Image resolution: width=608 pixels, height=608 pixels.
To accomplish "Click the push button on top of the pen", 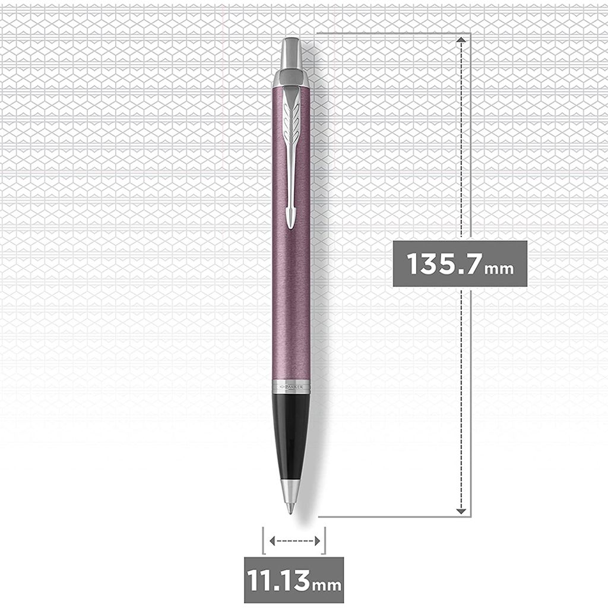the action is [x=291, y=53].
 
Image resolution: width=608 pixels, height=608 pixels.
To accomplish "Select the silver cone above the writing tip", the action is [x=290, y=492].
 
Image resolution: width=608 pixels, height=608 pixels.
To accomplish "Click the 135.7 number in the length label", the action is [x=444, y=264].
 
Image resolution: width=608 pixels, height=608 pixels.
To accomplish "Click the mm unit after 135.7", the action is [x=499, y=268].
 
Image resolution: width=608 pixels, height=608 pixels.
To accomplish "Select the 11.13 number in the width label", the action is [x=278, y=580].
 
